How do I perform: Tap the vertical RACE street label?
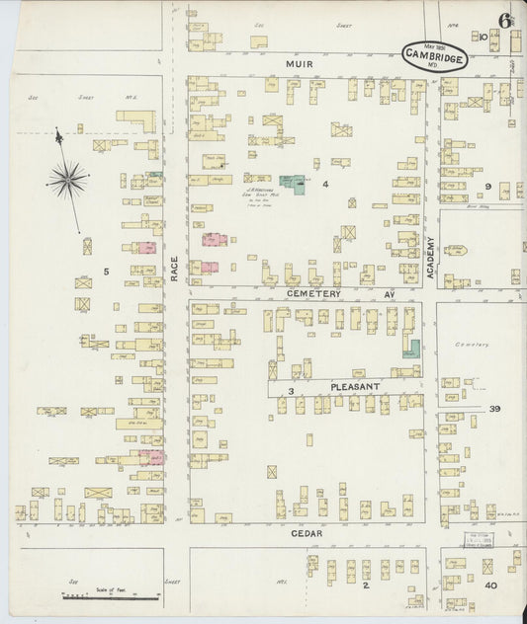174,269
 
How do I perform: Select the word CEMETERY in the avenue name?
313,293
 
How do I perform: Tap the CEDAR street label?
306,532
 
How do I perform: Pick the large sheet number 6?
505,21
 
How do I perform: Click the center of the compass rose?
68,179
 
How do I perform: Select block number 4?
324,184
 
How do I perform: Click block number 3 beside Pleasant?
291,392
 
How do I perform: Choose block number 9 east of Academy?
487,186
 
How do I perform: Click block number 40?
490,585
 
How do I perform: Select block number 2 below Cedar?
365,585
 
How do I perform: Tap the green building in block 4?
292,184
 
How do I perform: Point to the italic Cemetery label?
472,344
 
